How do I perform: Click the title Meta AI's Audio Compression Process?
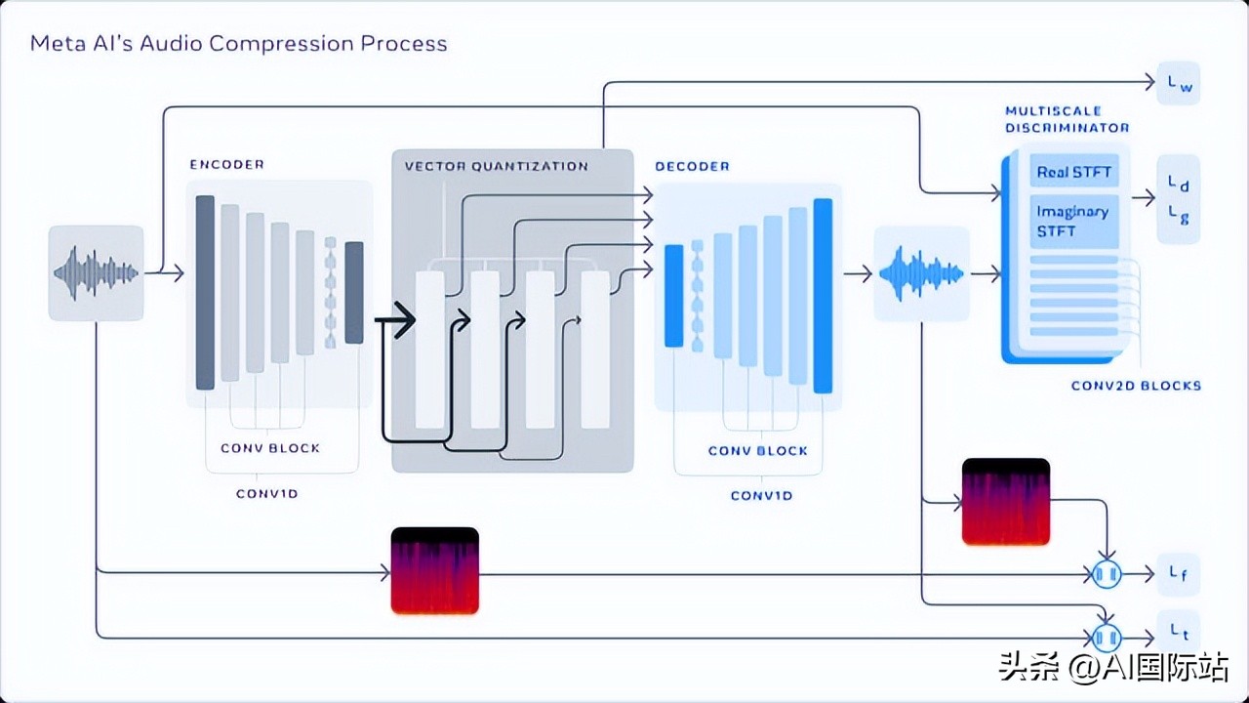[238, 44]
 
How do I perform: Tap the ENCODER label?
[226, 165]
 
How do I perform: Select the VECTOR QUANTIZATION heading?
[496, 166]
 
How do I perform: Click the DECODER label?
[692, 167]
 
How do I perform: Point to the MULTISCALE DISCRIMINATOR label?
[1067, 119]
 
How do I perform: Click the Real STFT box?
[1073, 173]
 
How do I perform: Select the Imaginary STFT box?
[1073, 221]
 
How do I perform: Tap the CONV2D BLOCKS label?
[1136, 386]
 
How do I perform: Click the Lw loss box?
[1179, 85]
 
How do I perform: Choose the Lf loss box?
[1178, 574]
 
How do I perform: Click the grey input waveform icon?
[96, 273]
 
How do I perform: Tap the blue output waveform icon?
[921, 273]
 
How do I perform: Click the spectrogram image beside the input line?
[435, 571]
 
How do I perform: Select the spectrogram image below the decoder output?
[1006, 502]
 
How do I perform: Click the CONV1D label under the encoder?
[266, 494]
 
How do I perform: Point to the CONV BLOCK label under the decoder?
[758, 451]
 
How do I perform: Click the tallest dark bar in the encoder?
[205, 293]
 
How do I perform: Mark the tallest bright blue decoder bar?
[823, 296]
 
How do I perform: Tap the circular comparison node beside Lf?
[1106, 575]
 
